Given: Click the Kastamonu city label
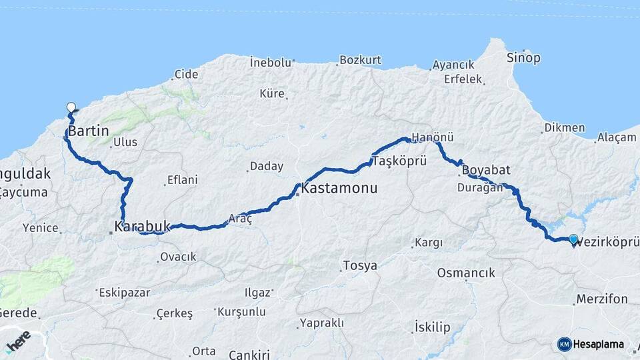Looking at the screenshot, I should (x=339, y=189).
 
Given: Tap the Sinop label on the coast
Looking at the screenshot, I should (x=523, y=58).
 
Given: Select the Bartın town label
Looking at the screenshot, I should (x=88, y=131).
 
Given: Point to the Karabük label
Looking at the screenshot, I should (x=143, y=227).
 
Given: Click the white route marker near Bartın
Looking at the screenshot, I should (x=71, y=107).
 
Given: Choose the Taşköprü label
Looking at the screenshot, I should (x=399, y=161).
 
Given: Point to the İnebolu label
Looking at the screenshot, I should (x=271, y=63).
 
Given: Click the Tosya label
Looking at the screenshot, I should (x=359, y=265).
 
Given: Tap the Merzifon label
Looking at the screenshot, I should (x=602, y=298).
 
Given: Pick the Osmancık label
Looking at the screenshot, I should (x=466, y=273).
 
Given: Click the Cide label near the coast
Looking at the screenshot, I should (x=187, y=75).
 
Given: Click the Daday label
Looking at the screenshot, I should (x=266, y=167).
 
